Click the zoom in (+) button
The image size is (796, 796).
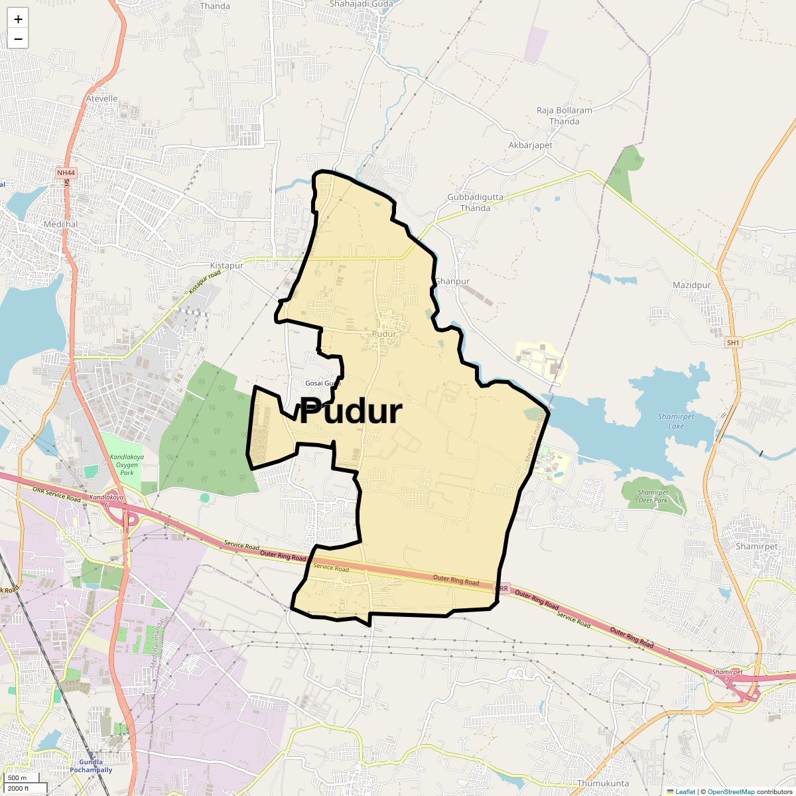tap(18, 19)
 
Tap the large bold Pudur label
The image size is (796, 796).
tap(350, 412)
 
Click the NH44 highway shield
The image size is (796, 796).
tap(66, 173)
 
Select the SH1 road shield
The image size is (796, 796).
tap(732, 342)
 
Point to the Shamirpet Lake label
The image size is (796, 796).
tap(675, 421)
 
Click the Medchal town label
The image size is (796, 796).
tap(60, 224)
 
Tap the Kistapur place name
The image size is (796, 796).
tap(222, 265)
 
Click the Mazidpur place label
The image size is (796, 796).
tap(691, 285)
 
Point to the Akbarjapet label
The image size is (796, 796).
tap(530, 145)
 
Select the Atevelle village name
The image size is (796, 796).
tap(102, 99)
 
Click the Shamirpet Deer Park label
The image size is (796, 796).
tap(653, 496)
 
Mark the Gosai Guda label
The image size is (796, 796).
tap(322, 383)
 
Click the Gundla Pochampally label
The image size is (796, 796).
tap(92, 766)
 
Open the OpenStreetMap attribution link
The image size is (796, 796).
tap(730, 791)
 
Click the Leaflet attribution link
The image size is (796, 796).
tap(685, 791)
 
